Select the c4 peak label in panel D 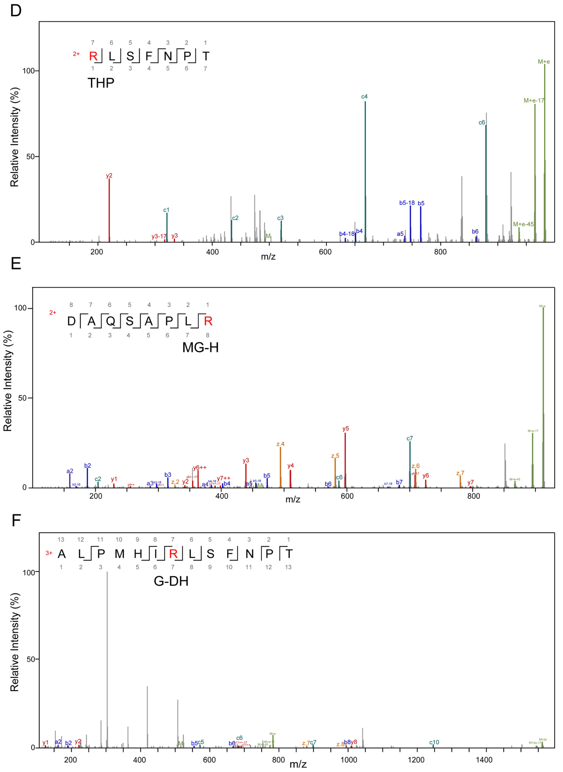pos(364,97)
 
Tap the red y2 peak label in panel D pos(109,176)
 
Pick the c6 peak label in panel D pos(482,123)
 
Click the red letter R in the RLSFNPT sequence pos(93,56)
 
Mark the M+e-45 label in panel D pos(523,224)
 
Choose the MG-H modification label pos(200,348)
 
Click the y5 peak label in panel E pos(345,429)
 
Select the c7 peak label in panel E pos(410,439)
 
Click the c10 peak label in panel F pos(434,742)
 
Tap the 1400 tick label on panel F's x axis pos(484,760)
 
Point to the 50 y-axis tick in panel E pos(23,398)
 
